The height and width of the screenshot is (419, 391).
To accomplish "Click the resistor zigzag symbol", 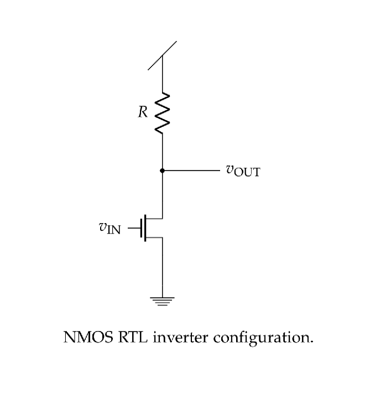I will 162,113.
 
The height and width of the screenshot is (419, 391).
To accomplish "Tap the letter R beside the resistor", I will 143,112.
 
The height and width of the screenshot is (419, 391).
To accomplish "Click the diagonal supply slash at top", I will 162,55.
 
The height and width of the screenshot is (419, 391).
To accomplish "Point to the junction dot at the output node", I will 162,170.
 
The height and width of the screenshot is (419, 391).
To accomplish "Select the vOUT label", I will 243,170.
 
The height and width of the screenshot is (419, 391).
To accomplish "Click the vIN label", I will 110,227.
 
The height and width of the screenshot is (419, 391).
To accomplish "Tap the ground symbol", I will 162,301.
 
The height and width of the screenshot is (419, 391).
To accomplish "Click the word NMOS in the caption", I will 88,337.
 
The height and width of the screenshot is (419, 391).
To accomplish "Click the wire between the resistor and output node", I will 162,152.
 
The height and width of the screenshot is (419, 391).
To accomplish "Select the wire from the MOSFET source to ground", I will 162,268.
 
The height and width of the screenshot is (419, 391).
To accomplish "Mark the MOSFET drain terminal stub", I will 154,218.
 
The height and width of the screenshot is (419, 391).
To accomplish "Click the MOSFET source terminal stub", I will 154,237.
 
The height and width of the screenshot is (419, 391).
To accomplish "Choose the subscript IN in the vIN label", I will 113,230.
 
